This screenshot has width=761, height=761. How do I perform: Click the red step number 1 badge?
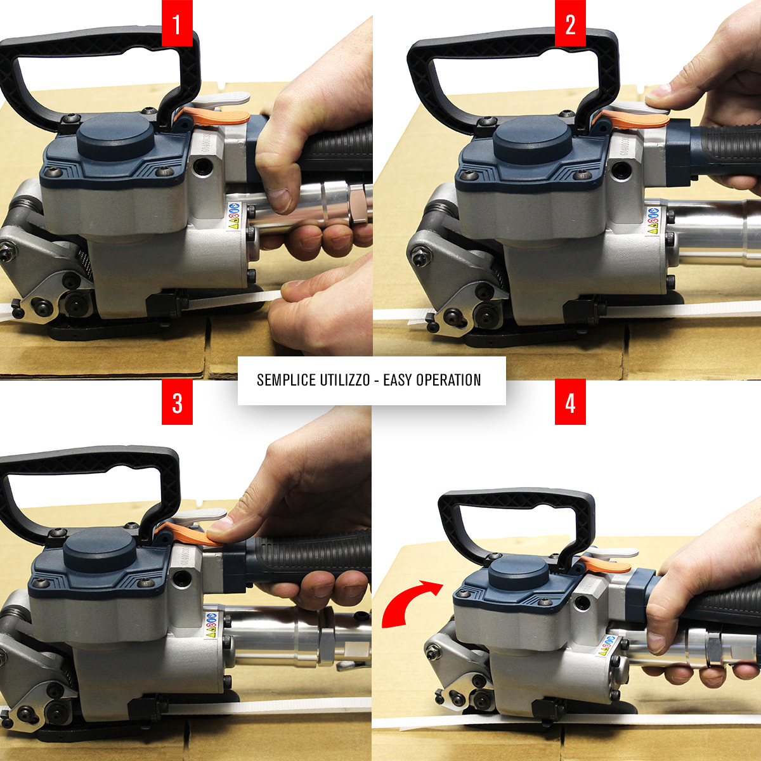[x=177, y=23]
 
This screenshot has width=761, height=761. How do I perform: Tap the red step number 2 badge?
[x=570, y=23]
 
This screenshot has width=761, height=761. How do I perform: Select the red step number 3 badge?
[x=178, y=401]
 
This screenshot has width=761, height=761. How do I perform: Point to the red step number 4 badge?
[x=570, y=401]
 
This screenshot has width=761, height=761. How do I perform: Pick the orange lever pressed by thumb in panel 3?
[x=190, y=534]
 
